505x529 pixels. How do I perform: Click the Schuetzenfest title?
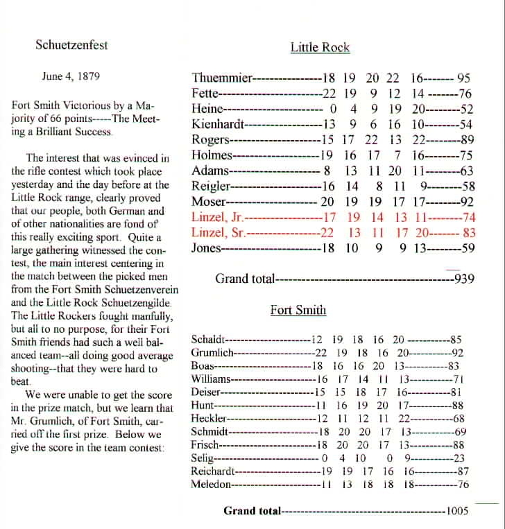[71, 46]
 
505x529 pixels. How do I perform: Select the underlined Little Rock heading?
[320, 48]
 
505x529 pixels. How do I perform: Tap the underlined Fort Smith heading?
[298, 310]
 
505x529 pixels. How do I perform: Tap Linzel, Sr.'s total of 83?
[469, 233]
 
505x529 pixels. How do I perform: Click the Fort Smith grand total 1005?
[458, 511]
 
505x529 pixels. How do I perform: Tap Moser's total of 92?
[466, 202]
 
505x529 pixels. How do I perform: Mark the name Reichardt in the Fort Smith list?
[213, 471]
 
